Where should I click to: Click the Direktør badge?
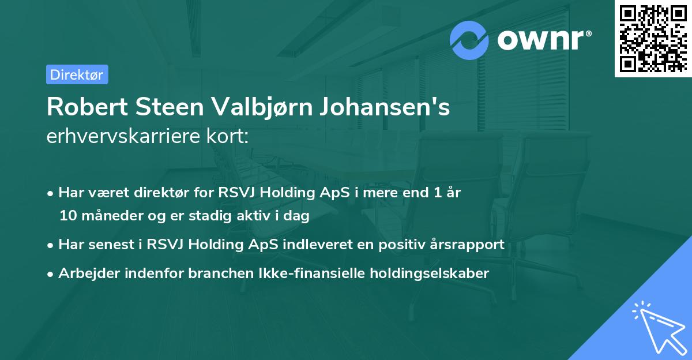tap(77, 74)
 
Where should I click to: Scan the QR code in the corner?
tap(653, 38)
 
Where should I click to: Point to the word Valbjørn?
tap(250, 108)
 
